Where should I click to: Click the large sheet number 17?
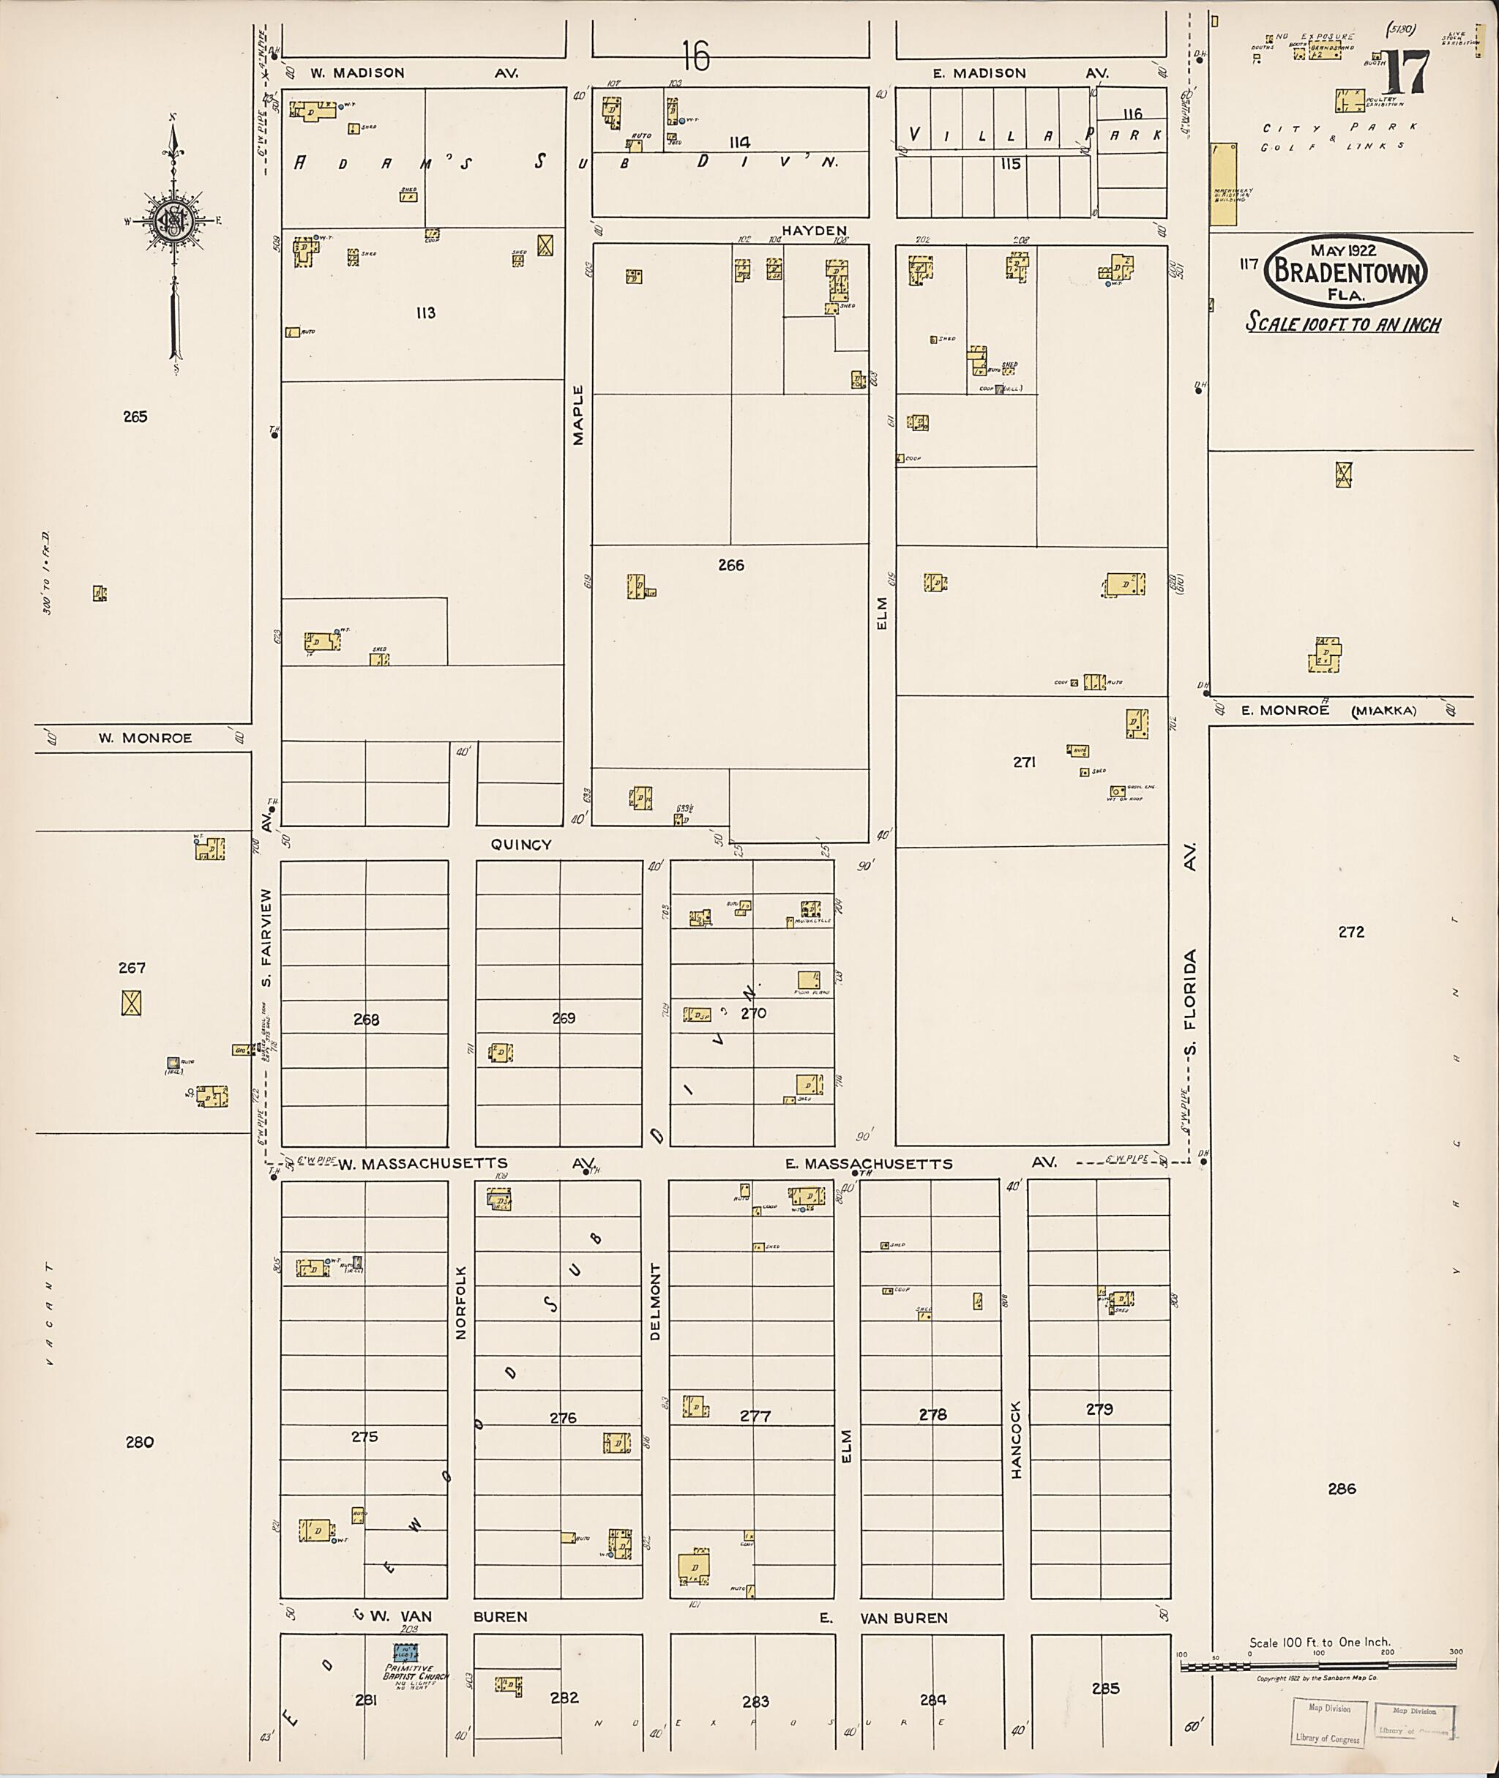click(1405, 73)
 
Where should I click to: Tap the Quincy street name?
click(521, 844)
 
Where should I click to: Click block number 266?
click(730, 564)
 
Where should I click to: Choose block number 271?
click(1024, 762)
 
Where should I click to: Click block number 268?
click(366, 1019)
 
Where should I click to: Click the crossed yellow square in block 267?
click(131, 1004)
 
